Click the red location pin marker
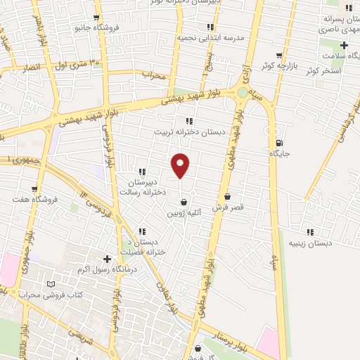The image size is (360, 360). [181, 166]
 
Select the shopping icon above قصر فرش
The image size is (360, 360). [226, 197]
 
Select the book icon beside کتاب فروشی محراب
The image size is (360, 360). [50, 284]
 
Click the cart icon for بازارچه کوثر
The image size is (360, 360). [280, 55]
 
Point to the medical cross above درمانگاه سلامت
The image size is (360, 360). [343, 45]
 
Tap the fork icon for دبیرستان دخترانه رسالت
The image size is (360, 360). [143, 172]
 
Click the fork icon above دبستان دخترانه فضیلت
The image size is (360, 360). [143, 231]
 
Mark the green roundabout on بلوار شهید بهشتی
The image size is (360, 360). [243, 92]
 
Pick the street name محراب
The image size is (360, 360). [153, 73]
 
